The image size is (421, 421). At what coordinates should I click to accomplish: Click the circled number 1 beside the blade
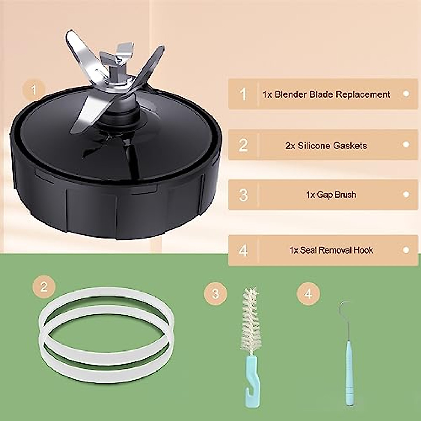(34, 91)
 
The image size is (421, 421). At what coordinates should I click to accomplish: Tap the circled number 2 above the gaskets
(44, 287)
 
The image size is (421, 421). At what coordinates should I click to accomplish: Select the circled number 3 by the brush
(215, 293)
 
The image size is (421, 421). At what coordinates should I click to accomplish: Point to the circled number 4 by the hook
(308, 293)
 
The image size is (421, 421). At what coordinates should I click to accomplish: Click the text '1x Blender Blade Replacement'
(326, 94)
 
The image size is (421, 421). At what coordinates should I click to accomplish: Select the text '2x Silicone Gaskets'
(326, 146)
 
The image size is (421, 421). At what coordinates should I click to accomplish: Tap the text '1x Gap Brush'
(331, 195)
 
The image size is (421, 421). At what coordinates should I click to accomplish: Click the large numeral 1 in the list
(243, 94)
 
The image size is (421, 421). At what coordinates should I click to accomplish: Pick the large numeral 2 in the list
(243, 145)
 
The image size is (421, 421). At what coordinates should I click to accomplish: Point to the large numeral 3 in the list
(243, 195)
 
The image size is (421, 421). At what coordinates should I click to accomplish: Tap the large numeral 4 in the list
(243, 250)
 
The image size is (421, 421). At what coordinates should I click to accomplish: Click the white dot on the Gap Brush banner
(406, 194)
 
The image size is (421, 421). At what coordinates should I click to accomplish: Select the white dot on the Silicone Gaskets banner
(406, 144)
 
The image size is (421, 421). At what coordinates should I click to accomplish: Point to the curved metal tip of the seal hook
(342, 309)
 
